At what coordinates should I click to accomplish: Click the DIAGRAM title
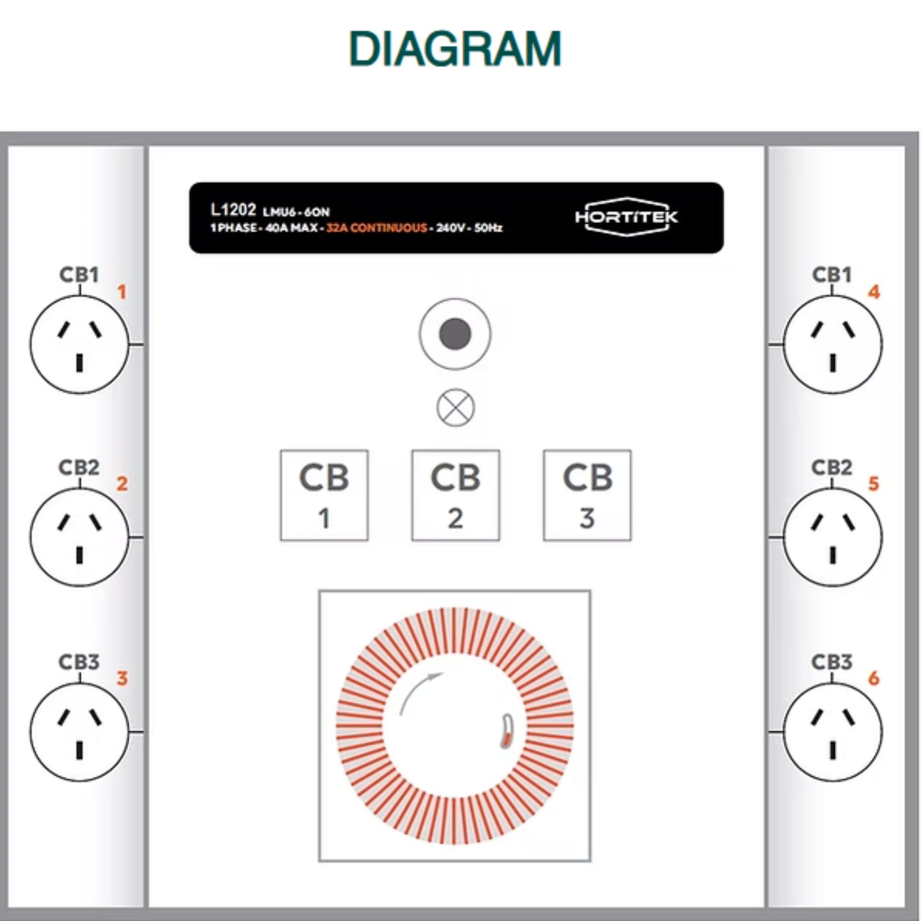(455, 49)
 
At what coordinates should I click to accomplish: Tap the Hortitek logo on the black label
(626, 217)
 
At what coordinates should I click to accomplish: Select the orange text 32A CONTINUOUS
(377, 228)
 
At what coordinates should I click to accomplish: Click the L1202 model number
(233, 209)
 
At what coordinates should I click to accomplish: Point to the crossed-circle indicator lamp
(455, 407)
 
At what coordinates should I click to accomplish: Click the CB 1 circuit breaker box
(324, 496)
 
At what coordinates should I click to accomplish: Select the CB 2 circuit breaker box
(456, 496)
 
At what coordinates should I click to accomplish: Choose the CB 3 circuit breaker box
(587, 496)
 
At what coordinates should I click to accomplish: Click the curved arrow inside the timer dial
(419, 691)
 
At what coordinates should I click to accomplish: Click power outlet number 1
(80, 344)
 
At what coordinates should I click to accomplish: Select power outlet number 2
(80, 537)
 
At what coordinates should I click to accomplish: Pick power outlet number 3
(80, 731)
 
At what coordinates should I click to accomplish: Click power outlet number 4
(833, 344)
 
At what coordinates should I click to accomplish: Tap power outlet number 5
(833, 537)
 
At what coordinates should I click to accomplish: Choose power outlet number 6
(833, 731)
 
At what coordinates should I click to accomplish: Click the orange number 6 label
(873, 678)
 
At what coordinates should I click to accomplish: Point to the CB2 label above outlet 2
(79, 467)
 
